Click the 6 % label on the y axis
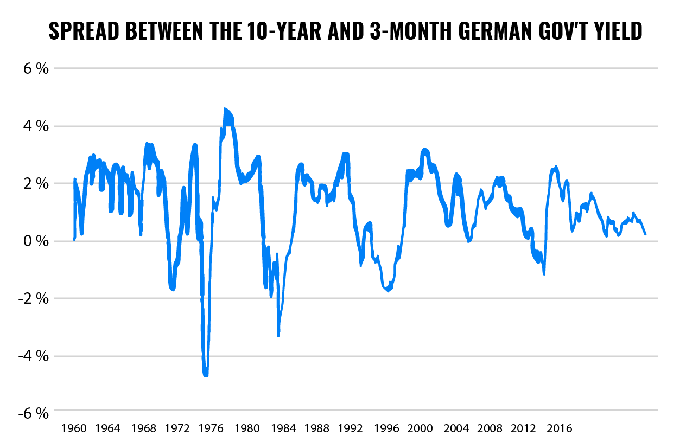click(36, 68)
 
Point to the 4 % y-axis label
click(36, 126)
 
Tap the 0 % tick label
click(36, 241)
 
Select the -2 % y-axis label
click(34, 299)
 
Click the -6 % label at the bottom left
click(34, 413)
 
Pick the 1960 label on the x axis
click(74, 428)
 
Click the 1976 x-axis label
click(211, 428)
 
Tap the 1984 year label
click(283, 428)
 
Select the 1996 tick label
click(386, 428)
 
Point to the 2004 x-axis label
click(456, 428)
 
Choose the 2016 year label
click(559, 428)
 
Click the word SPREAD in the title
click(84, 31)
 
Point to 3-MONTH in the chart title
click(411, 31)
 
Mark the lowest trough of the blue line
click(206, 375)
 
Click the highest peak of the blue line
click(225, 109)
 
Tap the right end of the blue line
click(646, 234)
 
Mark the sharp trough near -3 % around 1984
click(278, 335)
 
